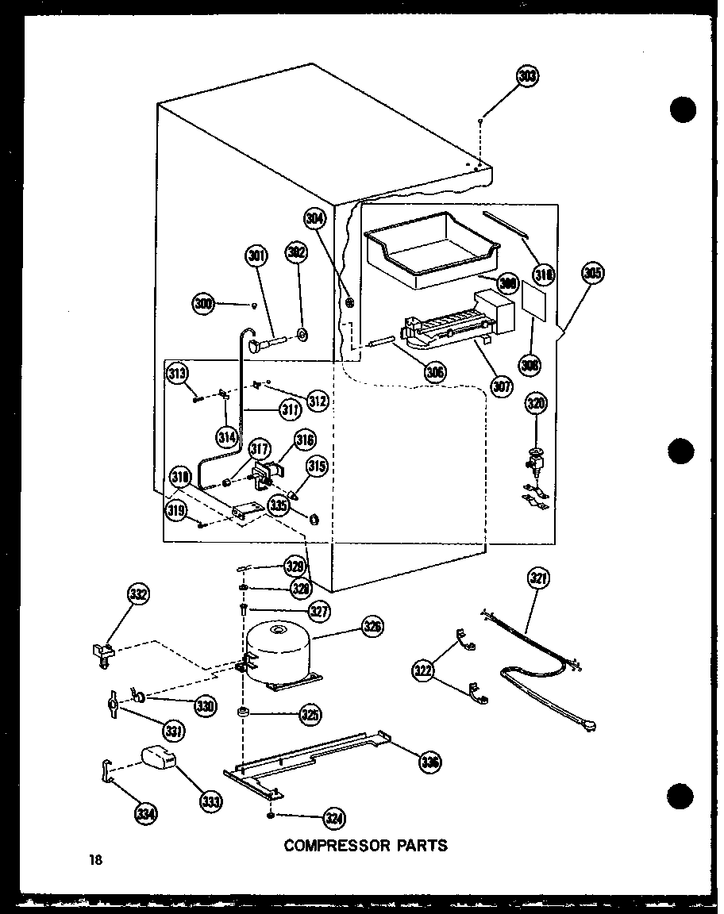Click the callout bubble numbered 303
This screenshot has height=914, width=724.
[527, 76]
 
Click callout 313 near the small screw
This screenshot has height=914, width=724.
[178, 372]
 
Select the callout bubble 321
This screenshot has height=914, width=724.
[538, 580]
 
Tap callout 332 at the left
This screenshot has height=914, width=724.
[139, 594]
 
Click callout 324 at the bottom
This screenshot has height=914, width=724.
[334, 820]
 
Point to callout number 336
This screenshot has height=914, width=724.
[429, 762]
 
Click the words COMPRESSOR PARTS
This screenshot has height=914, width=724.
[366, 846]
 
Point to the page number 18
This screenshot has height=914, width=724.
[97, 859]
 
